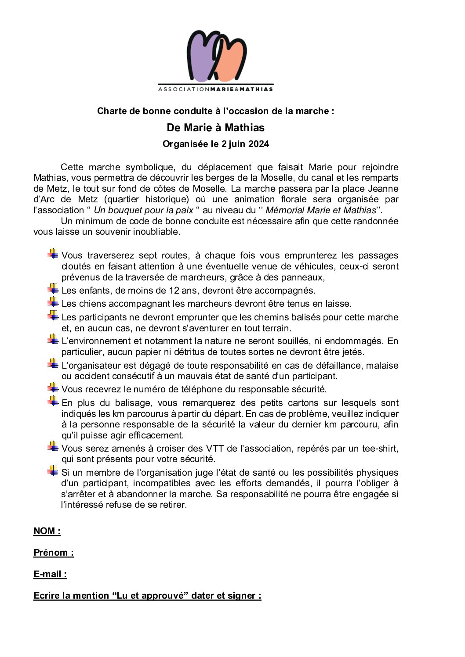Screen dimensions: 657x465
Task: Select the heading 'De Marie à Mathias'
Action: click(215, 128)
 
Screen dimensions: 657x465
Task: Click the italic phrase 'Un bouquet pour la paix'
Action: click(143, 210)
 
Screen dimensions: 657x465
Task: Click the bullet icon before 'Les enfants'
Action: click(53, 289)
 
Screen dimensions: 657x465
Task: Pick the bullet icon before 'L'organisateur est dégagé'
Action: click(53, 364)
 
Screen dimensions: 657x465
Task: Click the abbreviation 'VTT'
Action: click(215, 449)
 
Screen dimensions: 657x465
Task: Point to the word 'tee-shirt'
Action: click(380, 449)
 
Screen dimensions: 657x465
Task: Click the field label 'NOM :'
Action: click(47, 531)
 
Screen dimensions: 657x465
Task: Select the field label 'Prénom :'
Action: click(54, 553)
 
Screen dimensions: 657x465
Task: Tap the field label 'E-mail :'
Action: click(50, 574)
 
